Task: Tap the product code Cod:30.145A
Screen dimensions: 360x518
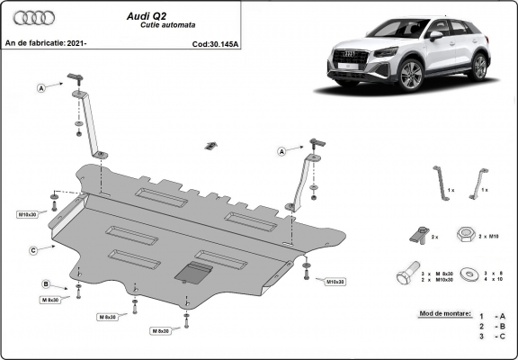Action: tap(215, 43)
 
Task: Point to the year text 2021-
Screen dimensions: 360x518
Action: tap(76, 43)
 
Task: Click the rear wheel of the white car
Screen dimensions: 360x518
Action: tap(480, 67)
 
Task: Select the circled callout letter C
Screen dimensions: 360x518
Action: tap(32, 249)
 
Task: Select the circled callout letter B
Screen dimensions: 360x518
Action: tap(45, 284)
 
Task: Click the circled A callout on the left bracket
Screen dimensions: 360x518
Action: tap(41, 87)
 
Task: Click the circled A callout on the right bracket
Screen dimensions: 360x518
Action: tap(281, 152)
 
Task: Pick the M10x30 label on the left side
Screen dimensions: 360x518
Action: tap(27, 214)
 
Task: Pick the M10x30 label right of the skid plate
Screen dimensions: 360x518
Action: tap(334, 282)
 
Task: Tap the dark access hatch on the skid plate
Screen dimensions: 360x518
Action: tap(194, 272)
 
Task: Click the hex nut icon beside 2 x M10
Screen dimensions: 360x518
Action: tap(467, 235)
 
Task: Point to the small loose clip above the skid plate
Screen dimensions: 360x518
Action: tap(210, 146)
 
